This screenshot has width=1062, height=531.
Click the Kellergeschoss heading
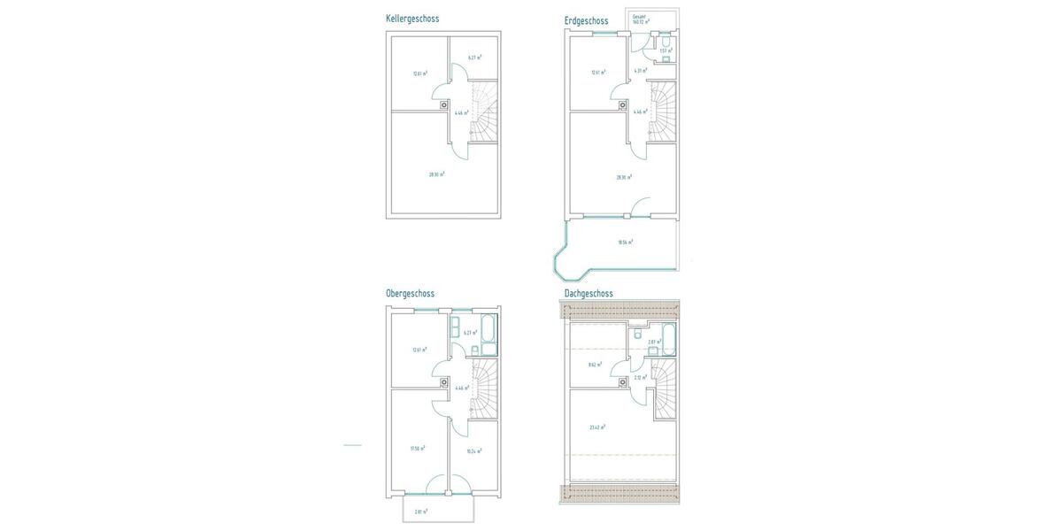click(x=412, y=19)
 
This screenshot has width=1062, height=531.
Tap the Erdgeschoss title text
click(x=587, y=21)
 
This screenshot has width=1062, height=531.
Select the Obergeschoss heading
click(x=410, y=294)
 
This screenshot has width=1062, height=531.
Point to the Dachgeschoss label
click(x=589, y=294)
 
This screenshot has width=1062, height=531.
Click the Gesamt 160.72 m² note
click(x=641, y=19)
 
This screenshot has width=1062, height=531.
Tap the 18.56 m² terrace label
click(x=626, y=242)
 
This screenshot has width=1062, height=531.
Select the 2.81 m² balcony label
click(x=420, y=512)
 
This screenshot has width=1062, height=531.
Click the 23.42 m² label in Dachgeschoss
click(x=597, y=427)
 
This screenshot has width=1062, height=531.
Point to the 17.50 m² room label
click(x=418, y=449)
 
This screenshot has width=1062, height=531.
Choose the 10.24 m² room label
click(x=473, y=451)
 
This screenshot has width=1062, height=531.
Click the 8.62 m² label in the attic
click(x=595, y=365)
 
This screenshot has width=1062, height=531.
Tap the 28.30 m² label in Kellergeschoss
click(x=436, y=174)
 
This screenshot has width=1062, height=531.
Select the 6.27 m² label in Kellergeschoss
click(x=474, y=58)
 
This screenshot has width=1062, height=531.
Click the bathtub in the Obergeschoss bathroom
click(x=489, y=335)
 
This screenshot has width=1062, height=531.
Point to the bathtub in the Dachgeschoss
click(x=668, y=339)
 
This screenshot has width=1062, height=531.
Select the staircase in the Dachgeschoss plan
click(x=663, y=389)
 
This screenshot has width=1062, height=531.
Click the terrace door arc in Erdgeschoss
click(x=641, y=208)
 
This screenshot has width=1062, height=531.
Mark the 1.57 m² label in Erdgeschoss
click(x=666, y=50)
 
